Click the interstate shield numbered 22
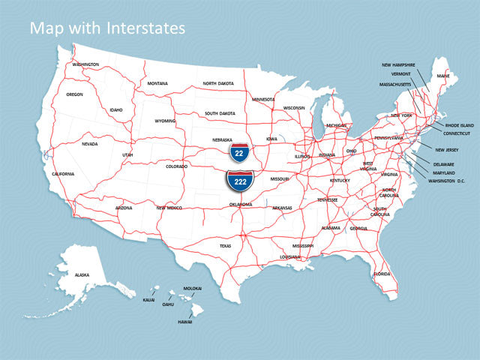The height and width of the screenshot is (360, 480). pyautogui.click(x=240, y=151)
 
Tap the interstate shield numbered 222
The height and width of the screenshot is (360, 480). pyautogui.click(x=240, y=181)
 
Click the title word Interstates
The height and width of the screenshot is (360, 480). pyautogui.click(x=144, y=28)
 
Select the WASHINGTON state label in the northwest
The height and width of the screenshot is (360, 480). pyautogui.click(x=85, y=64)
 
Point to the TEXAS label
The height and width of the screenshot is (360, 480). pyautogui.click(x=226, y=245)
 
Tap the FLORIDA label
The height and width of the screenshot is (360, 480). pyautogui.click(x=382, y=274)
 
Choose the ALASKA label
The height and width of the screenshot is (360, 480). pyautogui.click(x=82, y=275)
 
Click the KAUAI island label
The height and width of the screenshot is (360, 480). pyautogui.click(x=148, y=299)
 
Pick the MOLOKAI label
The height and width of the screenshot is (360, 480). pyautogui.click(x=193, y=288)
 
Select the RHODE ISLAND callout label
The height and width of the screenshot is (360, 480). pyautogui.click(x=460, y=125)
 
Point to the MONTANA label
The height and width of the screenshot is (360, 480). pyautogui.click(x=157, y=83)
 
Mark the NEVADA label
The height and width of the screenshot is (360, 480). pyautogui.click(x=90, y=144)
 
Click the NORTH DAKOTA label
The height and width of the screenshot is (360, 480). pyautogui.click(x=219, y=83)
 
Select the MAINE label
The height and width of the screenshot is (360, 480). pyautogui.click(x=443, y=76)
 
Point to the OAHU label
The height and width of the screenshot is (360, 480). pyautogui.click(x=168, y=304)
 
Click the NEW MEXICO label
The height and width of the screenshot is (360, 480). pyautogui.click(x=169, y=208)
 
